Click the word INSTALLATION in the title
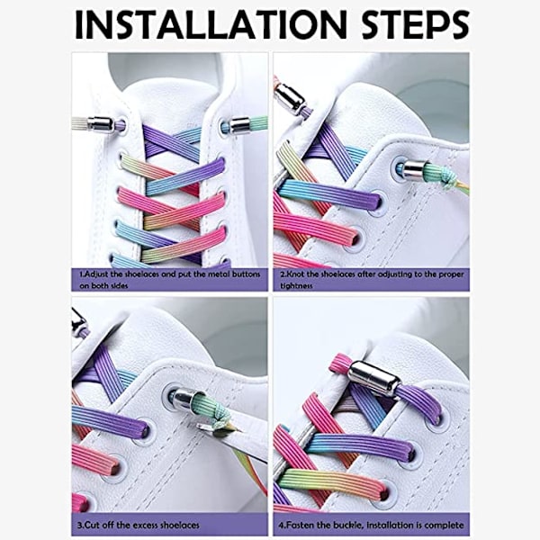pyautogui.click(x=211, y=24)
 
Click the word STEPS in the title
pyautogui.click(x=416, y=24)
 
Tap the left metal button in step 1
pyautogui.click(x=101, y=124)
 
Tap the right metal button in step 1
pyautogui.click(x=239, y=124)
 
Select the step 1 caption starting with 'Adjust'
pyautogui.click(x=169, y=280)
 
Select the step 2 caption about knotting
pyautogui.click(x=372, y=280)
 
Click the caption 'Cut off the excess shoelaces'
pyautogui.click(x=138, y=526)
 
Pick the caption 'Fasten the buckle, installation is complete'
pyautogui.click(x=371, y=526)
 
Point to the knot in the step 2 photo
pyautogui.click(x=449, y=179)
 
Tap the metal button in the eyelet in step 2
pyautogui.click(x=414, y=169)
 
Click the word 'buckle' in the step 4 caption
pyautogui.click(x=347, y=526)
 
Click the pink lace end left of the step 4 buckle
pyautogui.click(x=339, y=364)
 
